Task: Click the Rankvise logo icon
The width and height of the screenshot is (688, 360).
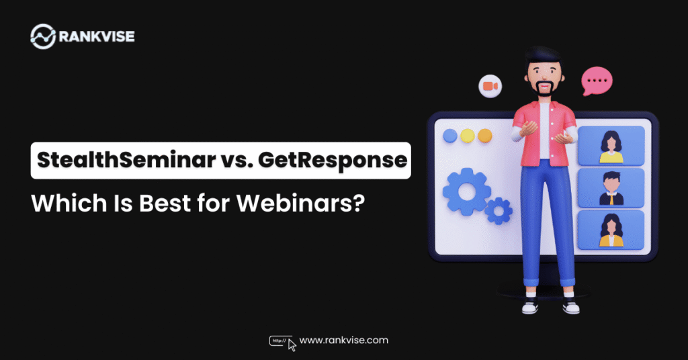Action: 44,36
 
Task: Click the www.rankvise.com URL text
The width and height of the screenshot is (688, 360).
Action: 344,341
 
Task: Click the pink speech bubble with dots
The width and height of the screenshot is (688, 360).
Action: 597,81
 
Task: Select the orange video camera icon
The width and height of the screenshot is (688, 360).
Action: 490,87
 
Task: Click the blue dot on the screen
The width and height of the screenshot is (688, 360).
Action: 450,136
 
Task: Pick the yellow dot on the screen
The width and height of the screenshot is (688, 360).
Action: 468,136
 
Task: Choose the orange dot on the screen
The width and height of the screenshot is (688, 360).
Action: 484,136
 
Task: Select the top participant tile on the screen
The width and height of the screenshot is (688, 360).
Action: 611,146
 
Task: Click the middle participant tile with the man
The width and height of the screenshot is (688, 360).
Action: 611,187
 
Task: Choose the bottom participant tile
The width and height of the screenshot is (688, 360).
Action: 611,230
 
